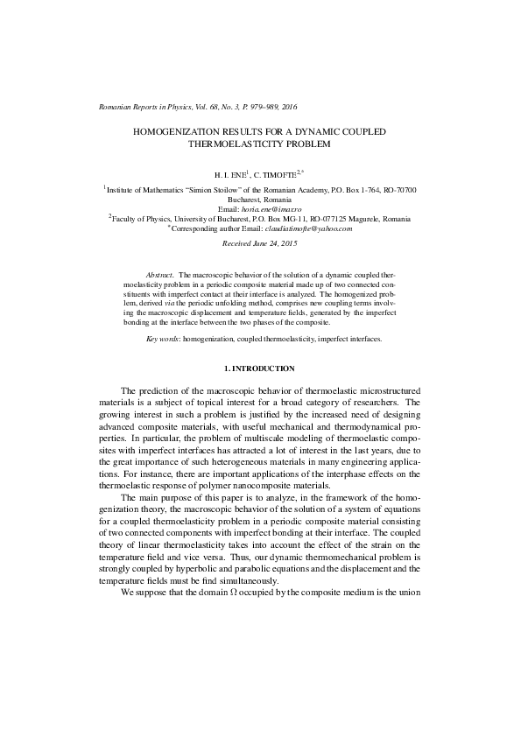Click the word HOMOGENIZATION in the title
click(174, 130)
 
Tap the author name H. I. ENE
click(234, 175)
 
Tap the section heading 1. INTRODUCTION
click(260, 368)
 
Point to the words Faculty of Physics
click(144, 220)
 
